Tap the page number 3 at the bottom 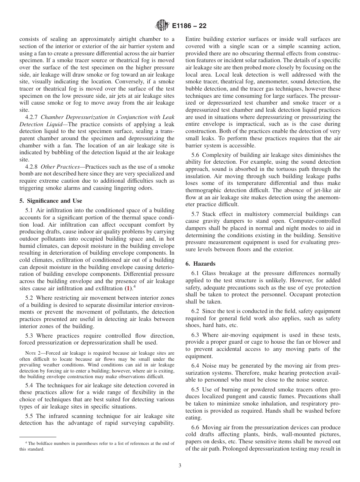click(x=180, y=466)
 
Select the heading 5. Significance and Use click(x=51, y=201)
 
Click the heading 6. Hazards click(x=200, y=264)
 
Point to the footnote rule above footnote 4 click(x=38, y=437)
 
